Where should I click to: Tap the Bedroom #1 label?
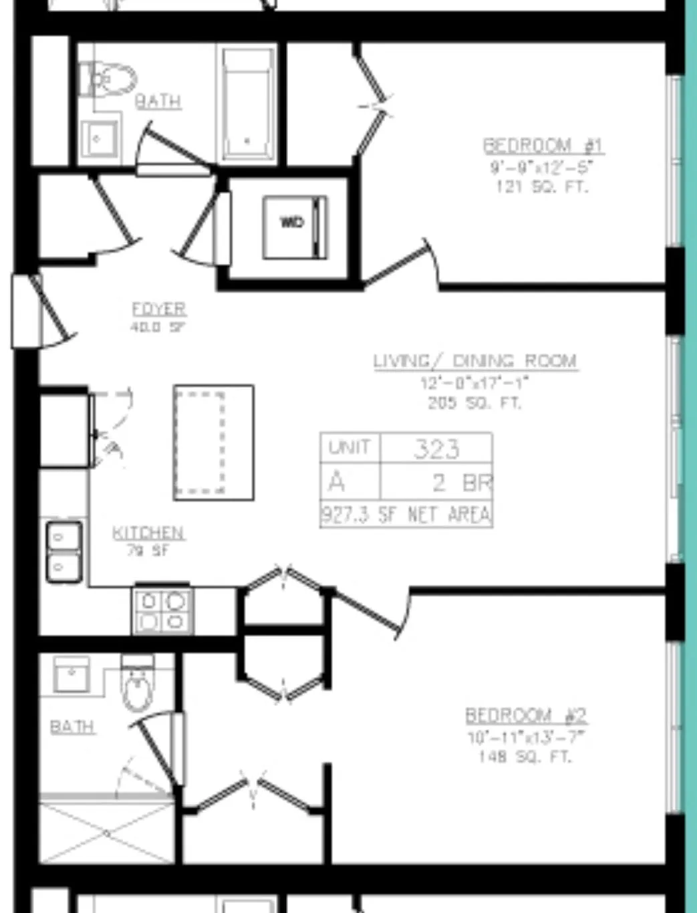pyautogui.click(x=543, y=145)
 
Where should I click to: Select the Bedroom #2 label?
pyautogui.click(x=526, y=715)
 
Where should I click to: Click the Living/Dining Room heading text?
pyautogui.click(x=475, y=361)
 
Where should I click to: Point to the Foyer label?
pyautogui.click(x=159, y=309)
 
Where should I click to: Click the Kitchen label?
pyautogui.click(x=148, y=533)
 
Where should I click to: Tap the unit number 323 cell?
pyautogui.click(x=436, y=448)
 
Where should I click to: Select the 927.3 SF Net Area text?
pyautogui.click(x=406, y=515)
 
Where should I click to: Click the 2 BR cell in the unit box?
pyautogui.click(x=461, y=482)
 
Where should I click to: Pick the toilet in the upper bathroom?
pyautogui.click(x=107, y=80)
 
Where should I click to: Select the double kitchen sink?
pyautogui.click(x=64, y=551)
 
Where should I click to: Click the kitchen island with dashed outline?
pyautogui.click(x=213, y=442)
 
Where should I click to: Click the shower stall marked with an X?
pyautogui.click(x=106, y=833)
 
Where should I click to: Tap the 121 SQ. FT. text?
pyautogui.click(x=541, y=186)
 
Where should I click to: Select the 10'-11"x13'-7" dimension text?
pyautogui.click(x=526, y=737)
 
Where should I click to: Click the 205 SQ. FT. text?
pyautogui.click(x=474, y=403)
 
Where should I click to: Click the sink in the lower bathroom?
pyautogui.click(x=71, y=674)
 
